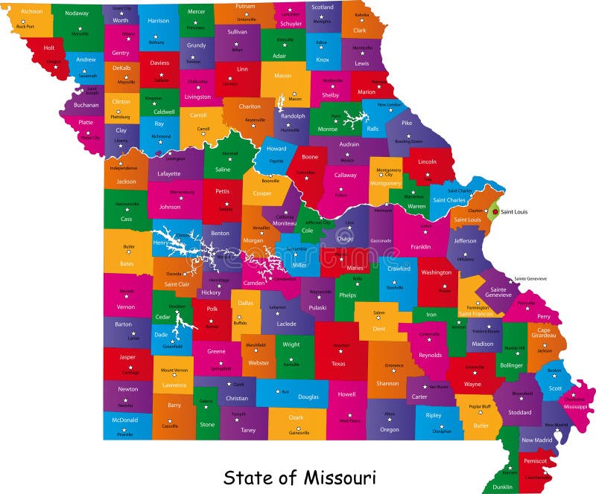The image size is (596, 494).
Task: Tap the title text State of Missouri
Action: click(x=300, y=476)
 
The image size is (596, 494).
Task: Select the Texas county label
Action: click(x=338, y=364)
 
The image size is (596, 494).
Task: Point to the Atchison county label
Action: click(x=31, y=12)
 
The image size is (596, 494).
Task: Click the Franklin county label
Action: click(x=420, y=246)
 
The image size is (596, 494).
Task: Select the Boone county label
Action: click(x=310, y=157)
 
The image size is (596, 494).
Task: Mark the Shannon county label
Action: click(x=387, y=383)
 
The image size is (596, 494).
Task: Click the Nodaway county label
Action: click(x=76, y=13)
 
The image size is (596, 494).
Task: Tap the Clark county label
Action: click(x=359, y=31)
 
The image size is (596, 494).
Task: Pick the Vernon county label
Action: click(x=126, y=307)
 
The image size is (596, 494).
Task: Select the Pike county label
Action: click(x=407, y=123)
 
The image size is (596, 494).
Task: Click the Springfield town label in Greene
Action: click(x=221, y=368)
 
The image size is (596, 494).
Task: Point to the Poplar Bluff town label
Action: click(x=481, y=407)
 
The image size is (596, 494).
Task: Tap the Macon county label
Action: click(x=282, y=75)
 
